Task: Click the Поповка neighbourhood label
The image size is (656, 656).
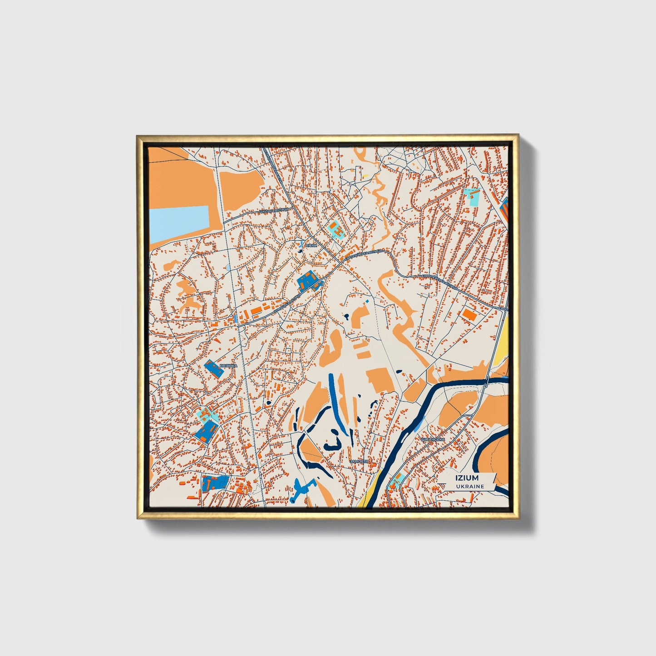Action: (x=228, y=365)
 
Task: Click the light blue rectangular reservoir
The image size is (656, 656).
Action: (x=179, y=223)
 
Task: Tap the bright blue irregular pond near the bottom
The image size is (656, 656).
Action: (x=300, y=488)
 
